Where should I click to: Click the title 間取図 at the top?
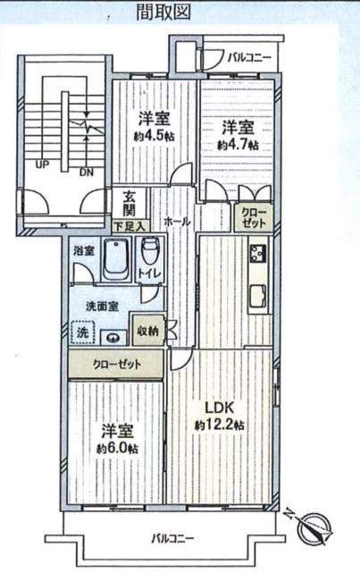163,11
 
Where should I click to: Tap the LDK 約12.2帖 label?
219,415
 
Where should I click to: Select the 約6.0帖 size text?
117,448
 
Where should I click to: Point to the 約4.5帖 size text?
154,136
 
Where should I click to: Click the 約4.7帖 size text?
239,145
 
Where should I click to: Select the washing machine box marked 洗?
83,332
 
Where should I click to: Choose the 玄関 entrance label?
130,204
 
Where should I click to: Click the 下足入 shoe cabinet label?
130,226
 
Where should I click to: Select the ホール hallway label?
178,222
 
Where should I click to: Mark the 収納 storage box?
148,331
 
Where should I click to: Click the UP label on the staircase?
42,164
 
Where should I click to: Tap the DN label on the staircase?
87,172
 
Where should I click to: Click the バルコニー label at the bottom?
173,538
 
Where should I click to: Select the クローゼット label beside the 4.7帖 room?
254,218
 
